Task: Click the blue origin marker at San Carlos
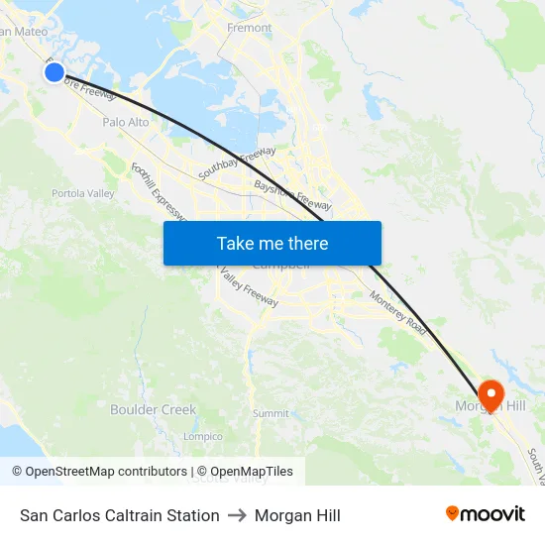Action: point(54,71)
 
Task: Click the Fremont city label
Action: point(250,28)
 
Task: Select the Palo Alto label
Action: point(126,122)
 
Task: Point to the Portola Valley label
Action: point(83,193)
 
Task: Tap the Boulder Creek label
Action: point(154,409)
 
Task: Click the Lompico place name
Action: point(203,436)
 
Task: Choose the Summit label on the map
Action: point(271,413)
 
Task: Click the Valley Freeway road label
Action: point(250,286)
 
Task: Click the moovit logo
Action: point(486,513)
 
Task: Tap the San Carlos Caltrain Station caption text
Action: point(120,515)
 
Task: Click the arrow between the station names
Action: point(237,515)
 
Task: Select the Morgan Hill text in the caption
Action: point(297,515)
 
